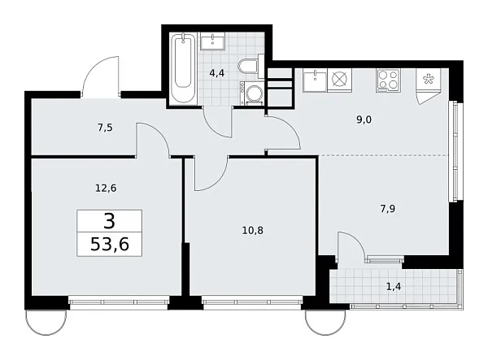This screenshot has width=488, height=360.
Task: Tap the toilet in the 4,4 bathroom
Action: click(x=248, y=67)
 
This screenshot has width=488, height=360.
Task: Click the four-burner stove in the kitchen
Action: click(x=388, y=80)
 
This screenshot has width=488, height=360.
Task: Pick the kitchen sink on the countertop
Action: click(x=314, y=80)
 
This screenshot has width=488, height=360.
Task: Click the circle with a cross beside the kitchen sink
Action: click(x=339, y=80)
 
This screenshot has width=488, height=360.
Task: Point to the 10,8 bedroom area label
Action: click(x=254, y=230)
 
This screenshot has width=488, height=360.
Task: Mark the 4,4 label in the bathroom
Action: click(x=217, y=73)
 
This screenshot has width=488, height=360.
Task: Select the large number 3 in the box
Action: click(x=110, y=220)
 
